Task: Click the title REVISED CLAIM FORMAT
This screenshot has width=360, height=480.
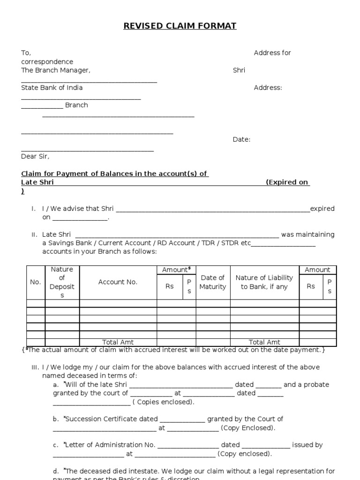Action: tap(180, 26)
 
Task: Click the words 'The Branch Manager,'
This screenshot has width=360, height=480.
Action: tap(56, 70)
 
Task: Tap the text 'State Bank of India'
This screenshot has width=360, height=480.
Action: tap(52, 88)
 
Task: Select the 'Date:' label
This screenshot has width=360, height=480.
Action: tap(241, 139)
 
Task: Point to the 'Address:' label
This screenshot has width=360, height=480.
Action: tap(268, 88)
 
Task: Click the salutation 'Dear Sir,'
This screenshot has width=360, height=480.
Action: tap(35, 157)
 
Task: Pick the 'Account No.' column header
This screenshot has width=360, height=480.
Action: tap(118, 282)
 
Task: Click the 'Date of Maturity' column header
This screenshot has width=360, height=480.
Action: tap(213, 282)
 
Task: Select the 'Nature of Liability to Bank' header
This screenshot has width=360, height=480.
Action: tap(264, 282)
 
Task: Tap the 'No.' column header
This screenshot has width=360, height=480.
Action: tap(36, 282)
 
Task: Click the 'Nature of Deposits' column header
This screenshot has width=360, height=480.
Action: tap(62, 282)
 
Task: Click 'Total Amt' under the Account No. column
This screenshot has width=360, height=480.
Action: tap(118, 342)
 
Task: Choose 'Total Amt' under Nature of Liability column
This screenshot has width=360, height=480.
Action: tap(264, 342)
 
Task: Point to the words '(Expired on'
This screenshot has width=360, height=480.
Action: tap(287, 182)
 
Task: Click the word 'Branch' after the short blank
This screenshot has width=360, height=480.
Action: tap(76, 105)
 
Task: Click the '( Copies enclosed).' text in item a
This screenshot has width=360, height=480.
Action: tap(163, 402)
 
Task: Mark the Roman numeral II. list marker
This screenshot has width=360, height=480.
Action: tap(34, 235)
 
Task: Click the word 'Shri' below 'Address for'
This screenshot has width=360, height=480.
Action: tap(239, 70)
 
